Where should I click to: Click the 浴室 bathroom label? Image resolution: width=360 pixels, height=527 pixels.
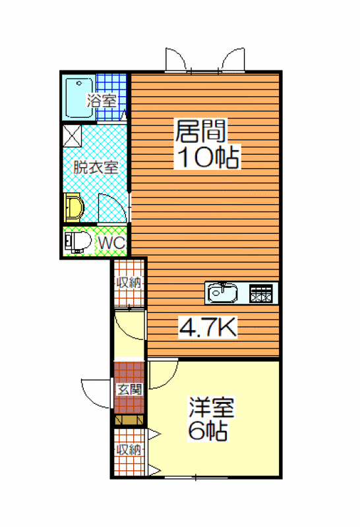pyautogui.click(x=102, y=101)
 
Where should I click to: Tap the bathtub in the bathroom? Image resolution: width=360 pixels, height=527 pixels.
pyautogui.click(x=79, y=97)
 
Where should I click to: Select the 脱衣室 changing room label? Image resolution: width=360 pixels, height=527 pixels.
pyautogui.click(x=96, y=167)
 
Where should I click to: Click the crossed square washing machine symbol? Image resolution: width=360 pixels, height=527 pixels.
pyautogui.click(x=73, y=136)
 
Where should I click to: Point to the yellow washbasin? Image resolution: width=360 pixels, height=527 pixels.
pyautogui.click(x=74, y=208)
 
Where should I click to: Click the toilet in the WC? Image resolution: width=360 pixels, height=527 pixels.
pyautogui.click(x=78, y=242)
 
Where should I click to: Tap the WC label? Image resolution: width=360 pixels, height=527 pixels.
pyautogui.click(x=111, y=242)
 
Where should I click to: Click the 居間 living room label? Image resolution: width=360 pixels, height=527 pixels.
pyautogui.click(x=201, y=130)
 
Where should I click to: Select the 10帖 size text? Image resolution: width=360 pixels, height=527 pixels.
pyautogui.click(x=208, y=157)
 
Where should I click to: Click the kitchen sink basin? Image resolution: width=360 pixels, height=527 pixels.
pyautogui.click(x=222, y=293)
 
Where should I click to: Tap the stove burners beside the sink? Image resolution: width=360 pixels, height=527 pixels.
pyautogui.click(x=260, y=293)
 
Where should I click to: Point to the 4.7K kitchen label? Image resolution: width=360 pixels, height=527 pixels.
pyautogui.click(x=208, y=327)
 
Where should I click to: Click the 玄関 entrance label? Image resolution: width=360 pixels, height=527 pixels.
pyautogui.click(x=129, y=389)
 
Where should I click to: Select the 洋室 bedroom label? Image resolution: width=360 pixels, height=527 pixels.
pyautogui.click(x=211, y=407)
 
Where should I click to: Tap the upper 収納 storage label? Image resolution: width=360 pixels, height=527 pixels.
pyautogui.click(x=129, y=283)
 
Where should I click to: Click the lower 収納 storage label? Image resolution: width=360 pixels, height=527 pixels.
pyautogui.click(x=129, y=449)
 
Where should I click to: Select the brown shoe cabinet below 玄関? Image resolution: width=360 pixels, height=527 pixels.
pyautogui.click(x=129, y=420)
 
